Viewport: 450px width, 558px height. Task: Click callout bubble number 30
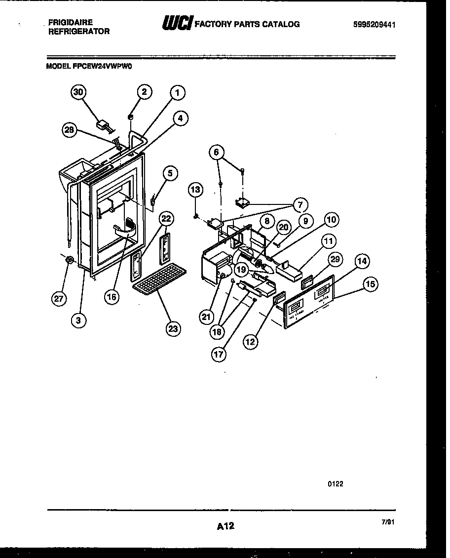(x=78, y=92)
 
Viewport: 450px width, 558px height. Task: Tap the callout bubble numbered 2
(x=144, y=91)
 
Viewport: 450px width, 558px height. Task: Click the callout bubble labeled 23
(x=173, y=329)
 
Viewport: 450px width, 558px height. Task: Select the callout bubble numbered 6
(x=216, y=153)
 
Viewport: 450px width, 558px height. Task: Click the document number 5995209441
(x=374, y=25)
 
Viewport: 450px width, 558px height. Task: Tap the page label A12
(x=225, y=527)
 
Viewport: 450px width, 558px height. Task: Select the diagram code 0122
(x=336, y=484)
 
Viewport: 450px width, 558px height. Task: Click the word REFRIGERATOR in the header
(x=79, y=31)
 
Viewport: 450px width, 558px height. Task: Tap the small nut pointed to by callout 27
(x=71, y=259)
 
